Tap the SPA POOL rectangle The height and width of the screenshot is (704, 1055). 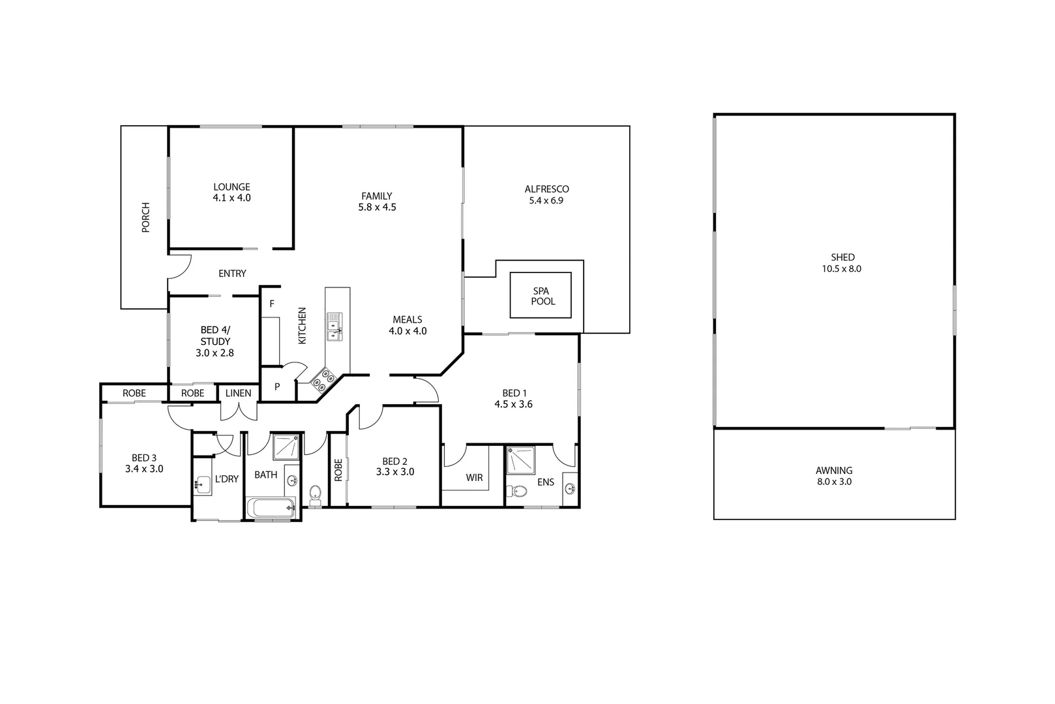pyautogui.click(x=540, y=295)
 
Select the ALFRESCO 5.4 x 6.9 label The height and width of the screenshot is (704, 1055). pyautogui.click(x=546, y=195)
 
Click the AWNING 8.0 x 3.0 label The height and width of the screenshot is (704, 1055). pyautogui.click(x=834, y=476)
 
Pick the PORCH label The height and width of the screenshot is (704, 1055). pyautogui.click(x=145, y=218)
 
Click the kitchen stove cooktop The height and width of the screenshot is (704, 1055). pyautogui.click(x=323, y=380)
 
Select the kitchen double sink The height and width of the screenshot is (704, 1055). pyautogui.click(x=334, y=325)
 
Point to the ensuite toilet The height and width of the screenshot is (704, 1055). pyautogui.click(x=519, y=491)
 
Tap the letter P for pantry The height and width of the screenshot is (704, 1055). pyautogui.click(x=277, y=387)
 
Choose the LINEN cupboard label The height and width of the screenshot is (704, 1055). pyautogui.click(x=238, y=393)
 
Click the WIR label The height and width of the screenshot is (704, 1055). pyautogui.click(x=474, y=478)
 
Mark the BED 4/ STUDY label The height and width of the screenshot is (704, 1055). pyautogui.click(x=215, y=342)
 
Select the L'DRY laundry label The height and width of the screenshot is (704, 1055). pyautogui.click(x=226, y=479)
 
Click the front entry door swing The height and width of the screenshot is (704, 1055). pyautogui.click(x=179, y=266)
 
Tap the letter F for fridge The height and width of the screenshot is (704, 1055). pyautogui.click(x=272, y=303)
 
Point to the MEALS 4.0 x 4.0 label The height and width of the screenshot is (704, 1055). pyautogui.click(x=408, y=325)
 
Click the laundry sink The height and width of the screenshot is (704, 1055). pyautogui.click(x=201, y=483)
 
